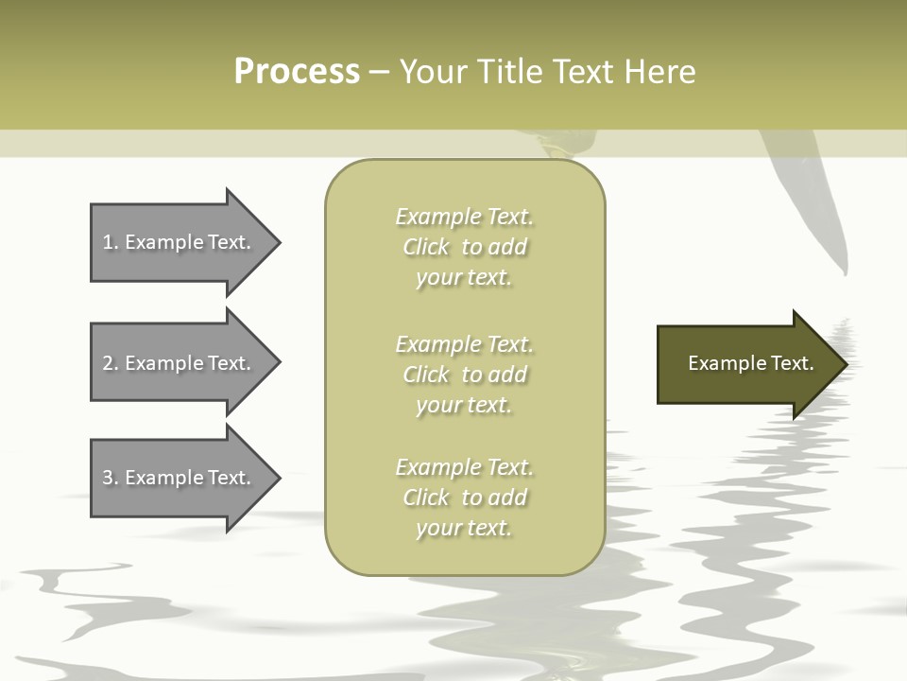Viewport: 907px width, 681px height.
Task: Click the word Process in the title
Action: coord(297,72)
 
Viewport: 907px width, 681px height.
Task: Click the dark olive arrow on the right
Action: coord(746,363)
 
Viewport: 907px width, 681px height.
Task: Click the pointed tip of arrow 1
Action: coord(279,242)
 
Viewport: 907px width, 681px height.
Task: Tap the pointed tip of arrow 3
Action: coord(279,478)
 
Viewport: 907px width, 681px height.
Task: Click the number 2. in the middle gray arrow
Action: coord(110,363)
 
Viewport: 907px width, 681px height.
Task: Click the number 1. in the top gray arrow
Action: coord(110,242)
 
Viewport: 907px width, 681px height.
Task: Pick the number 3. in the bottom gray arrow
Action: coord(110,478)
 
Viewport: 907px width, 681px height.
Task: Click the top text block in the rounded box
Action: coord(464,247)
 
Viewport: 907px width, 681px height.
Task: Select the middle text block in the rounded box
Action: coord(464,375)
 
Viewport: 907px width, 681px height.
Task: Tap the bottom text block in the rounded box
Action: coord(464,498)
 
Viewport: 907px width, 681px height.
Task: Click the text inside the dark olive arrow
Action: coord(750,363)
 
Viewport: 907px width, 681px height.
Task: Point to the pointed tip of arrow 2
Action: coord(279,363)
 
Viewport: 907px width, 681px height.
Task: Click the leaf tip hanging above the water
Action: coord(843,272)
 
